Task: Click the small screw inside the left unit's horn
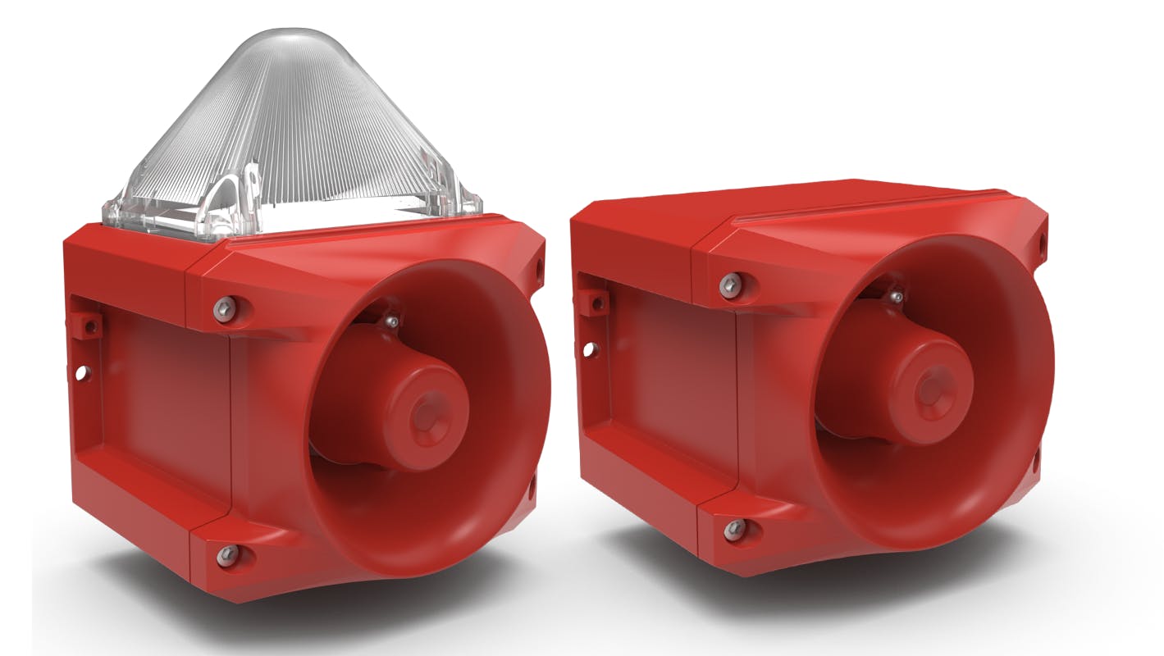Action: [394, 320]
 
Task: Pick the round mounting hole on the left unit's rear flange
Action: [81, 373]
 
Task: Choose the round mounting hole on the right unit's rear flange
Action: [589, 349]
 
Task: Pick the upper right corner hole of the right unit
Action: [1042, 244]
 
